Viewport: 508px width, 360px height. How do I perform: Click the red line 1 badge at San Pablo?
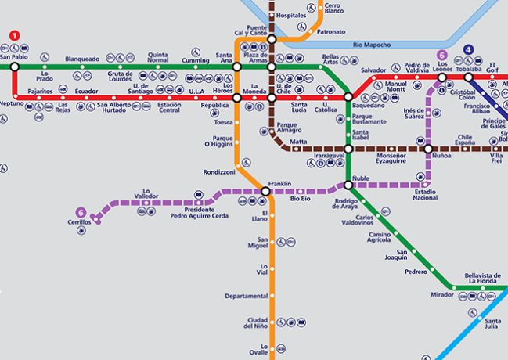[14, 35]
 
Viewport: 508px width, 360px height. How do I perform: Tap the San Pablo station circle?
[14, 67]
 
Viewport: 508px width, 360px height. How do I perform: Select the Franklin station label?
[279, 184]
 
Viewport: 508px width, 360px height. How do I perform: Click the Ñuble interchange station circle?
[348, 185]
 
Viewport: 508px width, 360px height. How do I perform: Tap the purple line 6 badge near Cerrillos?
[81, 212]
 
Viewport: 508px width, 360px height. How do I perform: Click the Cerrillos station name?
[80, 222]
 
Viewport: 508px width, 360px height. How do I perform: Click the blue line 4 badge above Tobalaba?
[468, 50]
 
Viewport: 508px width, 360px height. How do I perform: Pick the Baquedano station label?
[369, 105]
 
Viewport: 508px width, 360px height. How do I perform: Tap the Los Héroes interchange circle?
[237, 98]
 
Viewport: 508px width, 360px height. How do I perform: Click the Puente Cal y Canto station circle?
[272, 39]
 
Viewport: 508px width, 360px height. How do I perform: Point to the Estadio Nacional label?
[425, 194]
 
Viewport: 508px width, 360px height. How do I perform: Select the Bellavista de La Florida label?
[482, 279]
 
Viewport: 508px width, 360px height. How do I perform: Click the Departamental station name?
[246, 297]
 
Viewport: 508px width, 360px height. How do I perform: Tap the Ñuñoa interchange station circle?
[428, 149]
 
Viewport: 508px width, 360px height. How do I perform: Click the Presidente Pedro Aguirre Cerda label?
[200, 213]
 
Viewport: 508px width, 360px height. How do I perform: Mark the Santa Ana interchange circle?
[237, 67]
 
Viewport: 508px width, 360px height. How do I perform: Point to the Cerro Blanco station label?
[334, 9]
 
